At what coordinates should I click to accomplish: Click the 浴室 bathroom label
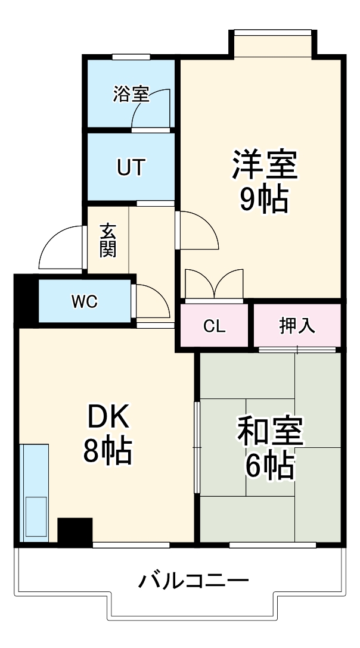(x=131, y=94)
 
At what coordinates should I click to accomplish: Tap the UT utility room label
(x=131, y=167)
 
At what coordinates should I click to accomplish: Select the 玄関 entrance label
(x=108, y=240)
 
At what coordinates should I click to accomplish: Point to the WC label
(x=85, y=302)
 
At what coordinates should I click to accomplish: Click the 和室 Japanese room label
(x=271, y=433)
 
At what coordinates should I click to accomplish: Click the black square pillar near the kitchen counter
(x=75, y=531)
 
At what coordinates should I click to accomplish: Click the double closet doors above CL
(x=213, y=284)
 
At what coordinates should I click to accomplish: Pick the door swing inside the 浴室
(x=153, y=107)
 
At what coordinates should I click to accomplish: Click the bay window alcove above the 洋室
(x=272, y=43)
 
